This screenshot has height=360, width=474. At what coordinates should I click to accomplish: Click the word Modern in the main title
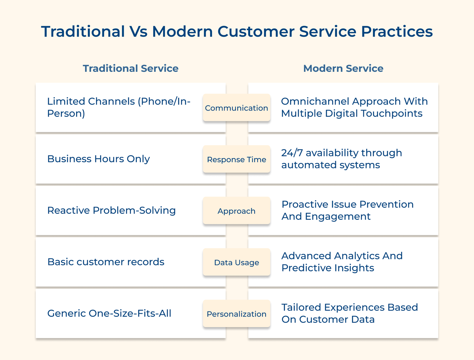[182, 31]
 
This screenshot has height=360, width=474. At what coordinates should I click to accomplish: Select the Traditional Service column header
[131, 69]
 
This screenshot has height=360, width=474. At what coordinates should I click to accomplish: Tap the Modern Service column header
[343, 69]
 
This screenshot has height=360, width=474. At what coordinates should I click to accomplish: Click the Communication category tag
[236, 108]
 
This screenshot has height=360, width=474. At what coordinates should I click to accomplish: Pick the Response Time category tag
[236, 160]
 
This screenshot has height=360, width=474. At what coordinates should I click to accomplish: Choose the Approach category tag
[236, 211]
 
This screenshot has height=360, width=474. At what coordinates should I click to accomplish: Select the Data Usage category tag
[236, 262]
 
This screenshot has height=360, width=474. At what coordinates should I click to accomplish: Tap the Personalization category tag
[236, 314]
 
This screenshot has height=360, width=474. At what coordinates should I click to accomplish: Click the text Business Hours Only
[98, 159]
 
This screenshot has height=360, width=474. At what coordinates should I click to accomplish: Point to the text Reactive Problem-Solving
[111, 211]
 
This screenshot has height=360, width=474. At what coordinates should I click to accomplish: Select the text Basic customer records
[106, 262]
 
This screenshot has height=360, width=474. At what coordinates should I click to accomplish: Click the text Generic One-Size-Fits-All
[109, 313]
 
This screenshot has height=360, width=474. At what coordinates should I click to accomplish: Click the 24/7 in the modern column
[292, 153]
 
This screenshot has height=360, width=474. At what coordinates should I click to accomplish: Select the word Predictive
[306, 268]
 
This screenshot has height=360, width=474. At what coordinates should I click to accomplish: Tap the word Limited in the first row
[66, 101]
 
